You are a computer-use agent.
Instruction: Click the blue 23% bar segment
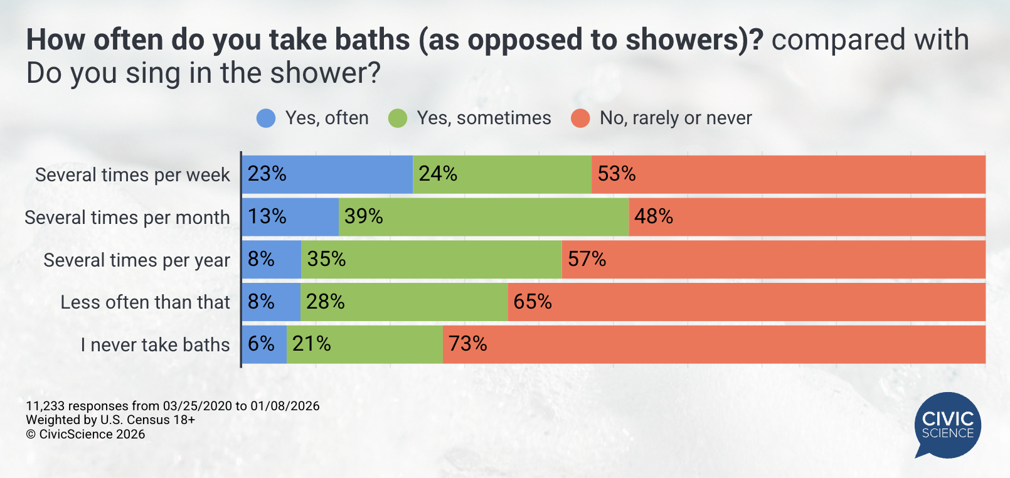327,174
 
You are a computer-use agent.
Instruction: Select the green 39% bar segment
484,217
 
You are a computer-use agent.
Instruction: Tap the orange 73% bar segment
714,344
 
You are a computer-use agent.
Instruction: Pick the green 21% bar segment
364,344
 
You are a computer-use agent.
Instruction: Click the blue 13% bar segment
290,217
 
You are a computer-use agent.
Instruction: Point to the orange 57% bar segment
773,260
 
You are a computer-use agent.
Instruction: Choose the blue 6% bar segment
264,344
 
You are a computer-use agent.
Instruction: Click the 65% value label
533,302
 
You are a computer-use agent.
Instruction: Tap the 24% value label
438,174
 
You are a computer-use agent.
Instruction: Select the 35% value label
326,259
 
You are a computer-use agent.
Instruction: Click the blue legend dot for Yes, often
266,118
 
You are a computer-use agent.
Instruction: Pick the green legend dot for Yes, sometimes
398,118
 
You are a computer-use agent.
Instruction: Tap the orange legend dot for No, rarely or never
580,118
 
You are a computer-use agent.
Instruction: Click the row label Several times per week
132,175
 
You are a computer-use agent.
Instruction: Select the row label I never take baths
155,345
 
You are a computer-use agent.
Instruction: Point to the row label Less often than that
145,302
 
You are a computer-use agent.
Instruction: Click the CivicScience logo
947,425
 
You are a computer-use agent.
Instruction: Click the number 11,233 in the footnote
45,406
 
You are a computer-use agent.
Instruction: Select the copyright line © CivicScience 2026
85,434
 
